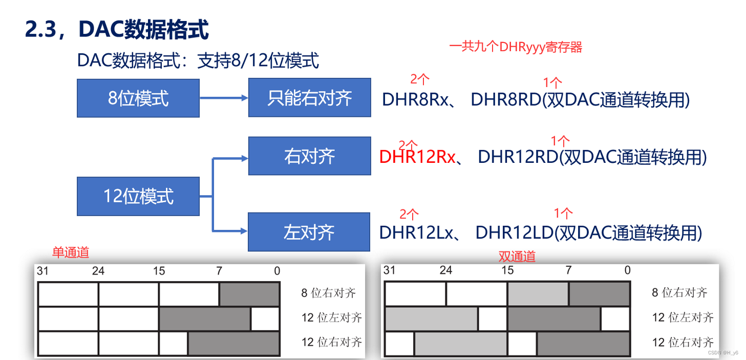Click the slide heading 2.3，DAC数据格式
pyautogui.click(x=117, y=30)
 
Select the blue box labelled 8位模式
pyautogui.click(x=138, y=98)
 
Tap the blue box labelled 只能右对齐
pyautogui.click(x=309, y=97)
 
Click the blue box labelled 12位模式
pyautogui.click(x=138, y=196)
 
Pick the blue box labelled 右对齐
pyautogui.click(x=309, y=156)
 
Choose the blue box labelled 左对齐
pyautogui.click(x=309, y=232)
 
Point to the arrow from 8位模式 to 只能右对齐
pyautogui.click(x=224, y=97)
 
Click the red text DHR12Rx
pyautogui.click(x=417, y=157)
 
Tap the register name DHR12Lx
pyautogui.click(x=416, y=232)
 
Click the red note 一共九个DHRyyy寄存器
pyautogui.click(x=516, y=48)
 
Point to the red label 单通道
pyautogui.click(x=71, y=252)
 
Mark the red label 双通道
pyautogui.click(x=517, y=256)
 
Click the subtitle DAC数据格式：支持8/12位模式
pyautogui.click(x=198, y=61)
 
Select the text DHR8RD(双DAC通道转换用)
pyautogui.click(x=580, y=100)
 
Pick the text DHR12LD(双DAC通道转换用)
pyautogui.click(x=588, y=232)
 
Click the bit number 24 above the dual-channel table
pyautogui.click(x=446, y=270)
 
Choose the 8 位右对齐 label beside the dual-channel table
pyautogui.click(x=679, y=292)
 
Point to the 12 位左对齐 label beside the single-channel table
pyautogui.click(x=331, y=317)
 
